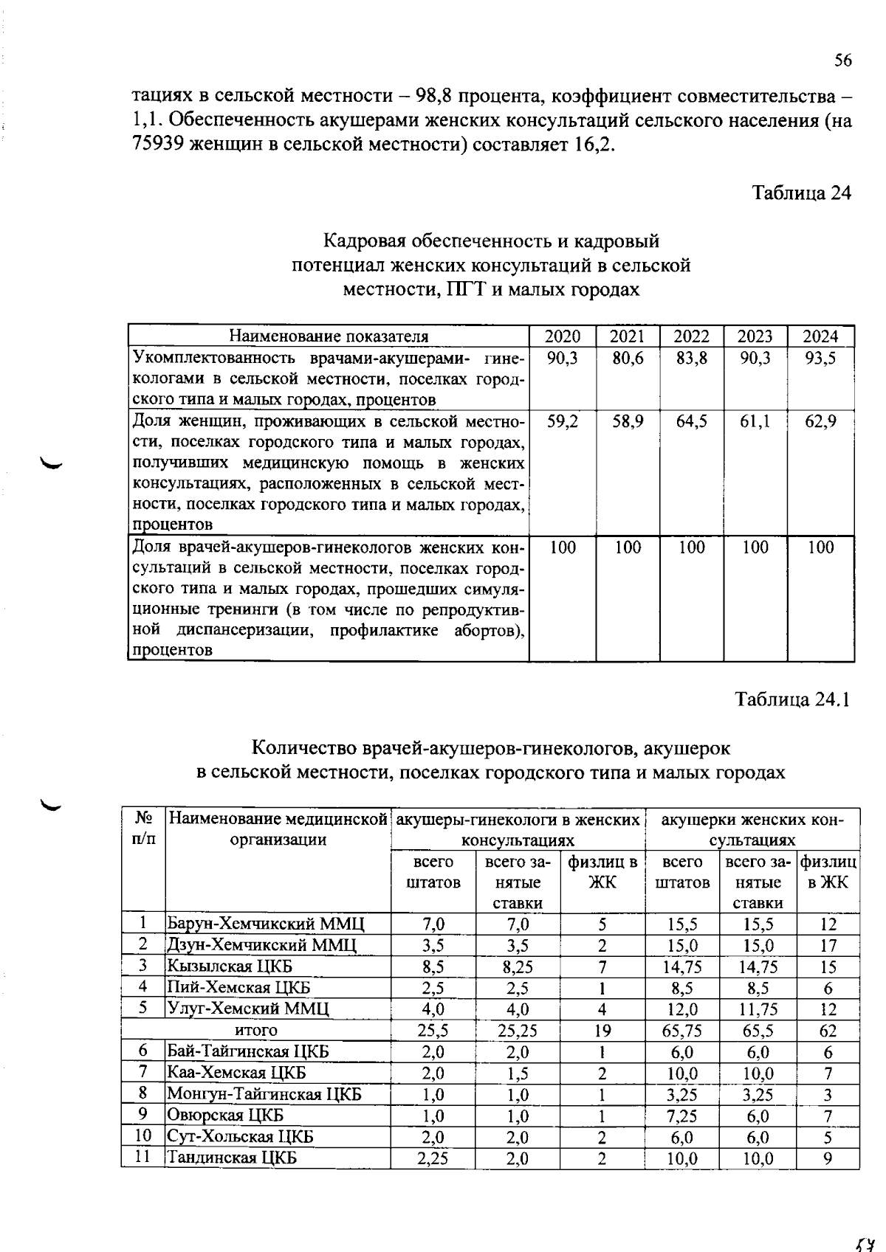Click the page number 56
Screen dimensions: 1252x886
tap(843, 60)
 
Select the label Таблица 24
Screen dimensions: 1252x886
tap(801, 193)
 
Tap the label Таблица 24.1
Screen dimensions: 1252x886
tap(792, 699)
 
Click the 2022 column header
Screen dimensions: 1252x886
tap(692, 336)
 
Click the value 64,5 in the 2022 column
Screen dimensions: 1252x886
tap(692, 422)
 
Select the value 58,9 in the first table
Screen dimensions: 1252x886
tap(628, 422)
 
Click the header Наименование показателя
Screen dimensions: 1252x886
tap(329, 336)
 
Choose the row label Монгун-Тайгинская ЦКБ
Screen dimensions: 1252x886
tap(264, 1094)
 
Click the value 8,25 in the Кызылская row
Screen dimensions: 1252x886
tap(518, 966)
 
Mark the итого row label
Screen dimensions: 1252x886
tap(256, 1031)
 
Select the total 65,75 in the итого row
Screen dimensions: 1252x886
tap(682, 1031)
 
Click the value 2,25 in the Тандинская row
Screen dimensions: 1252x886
tap(433, 1158)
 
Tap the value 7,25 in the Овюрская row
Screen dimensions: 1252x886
tap(682, 1116)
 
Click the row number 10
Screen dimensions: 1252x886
tap(143, 1136)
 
